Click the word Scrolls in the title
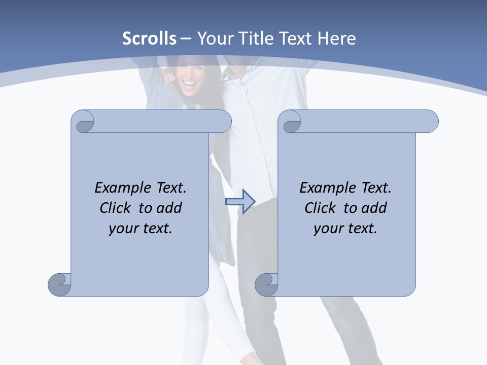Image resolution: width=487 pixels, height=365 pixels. click(149, 39)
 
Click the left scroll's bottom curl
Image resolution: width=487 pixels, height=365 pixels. click(59, 284)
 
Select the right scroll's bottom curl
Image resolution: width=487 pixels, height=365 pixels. click(266, 284)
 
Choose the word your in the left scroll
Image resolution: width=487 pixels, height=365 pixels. click(123, 229)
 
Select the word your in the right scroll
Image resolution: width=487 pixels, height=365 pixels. click(328, 229)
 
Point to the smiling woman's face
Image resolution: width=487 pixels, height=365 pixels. click(190, 76)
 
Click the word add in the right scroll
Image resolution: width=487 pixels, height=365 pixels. click(375, 208)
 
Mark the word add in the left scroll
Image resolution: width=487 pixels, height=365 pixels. click(170, 208)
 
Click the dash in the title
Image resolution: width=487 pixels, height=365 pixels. click(186, 39)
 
